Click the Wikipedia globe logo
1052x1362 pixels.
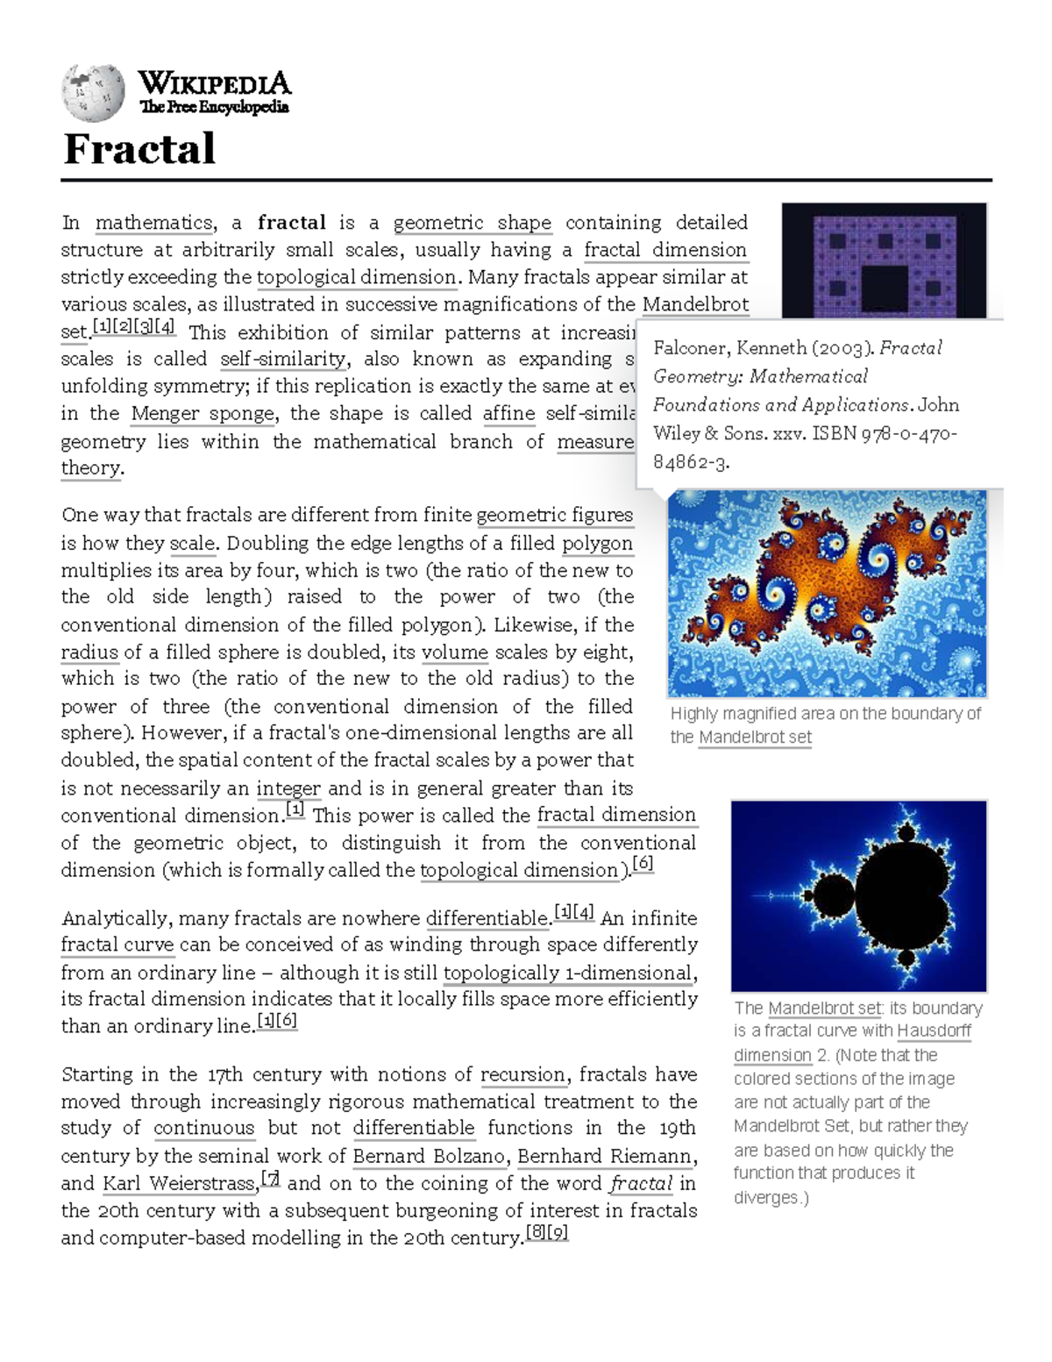[93, 93]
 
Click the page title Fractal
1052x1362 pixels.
[139, 148]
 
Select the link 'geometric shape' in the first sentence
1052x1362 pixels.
[472, 223]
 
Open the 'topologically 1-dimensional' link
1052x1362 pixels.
[568, 973]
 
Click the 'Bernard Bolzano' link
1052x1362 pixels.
[429, 1156]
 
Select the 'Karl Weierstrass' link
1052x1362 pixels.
[179, 1183]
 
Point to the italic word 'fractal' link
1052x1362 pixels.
[641, 1183]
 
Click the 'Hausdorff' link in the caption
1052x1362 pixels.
[934, 1030]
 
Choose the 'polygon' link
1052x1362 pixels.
[597, 543]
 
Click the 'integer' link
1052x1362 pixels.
[288, 788]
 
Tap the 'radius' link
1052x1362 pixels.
[89, 652]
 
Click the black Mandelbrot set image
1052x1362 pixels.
[858, 895]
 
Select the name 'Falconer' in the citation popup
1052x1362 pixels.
[690, 348]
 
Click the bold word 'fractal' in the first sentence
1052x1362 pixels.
[291, 223]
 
